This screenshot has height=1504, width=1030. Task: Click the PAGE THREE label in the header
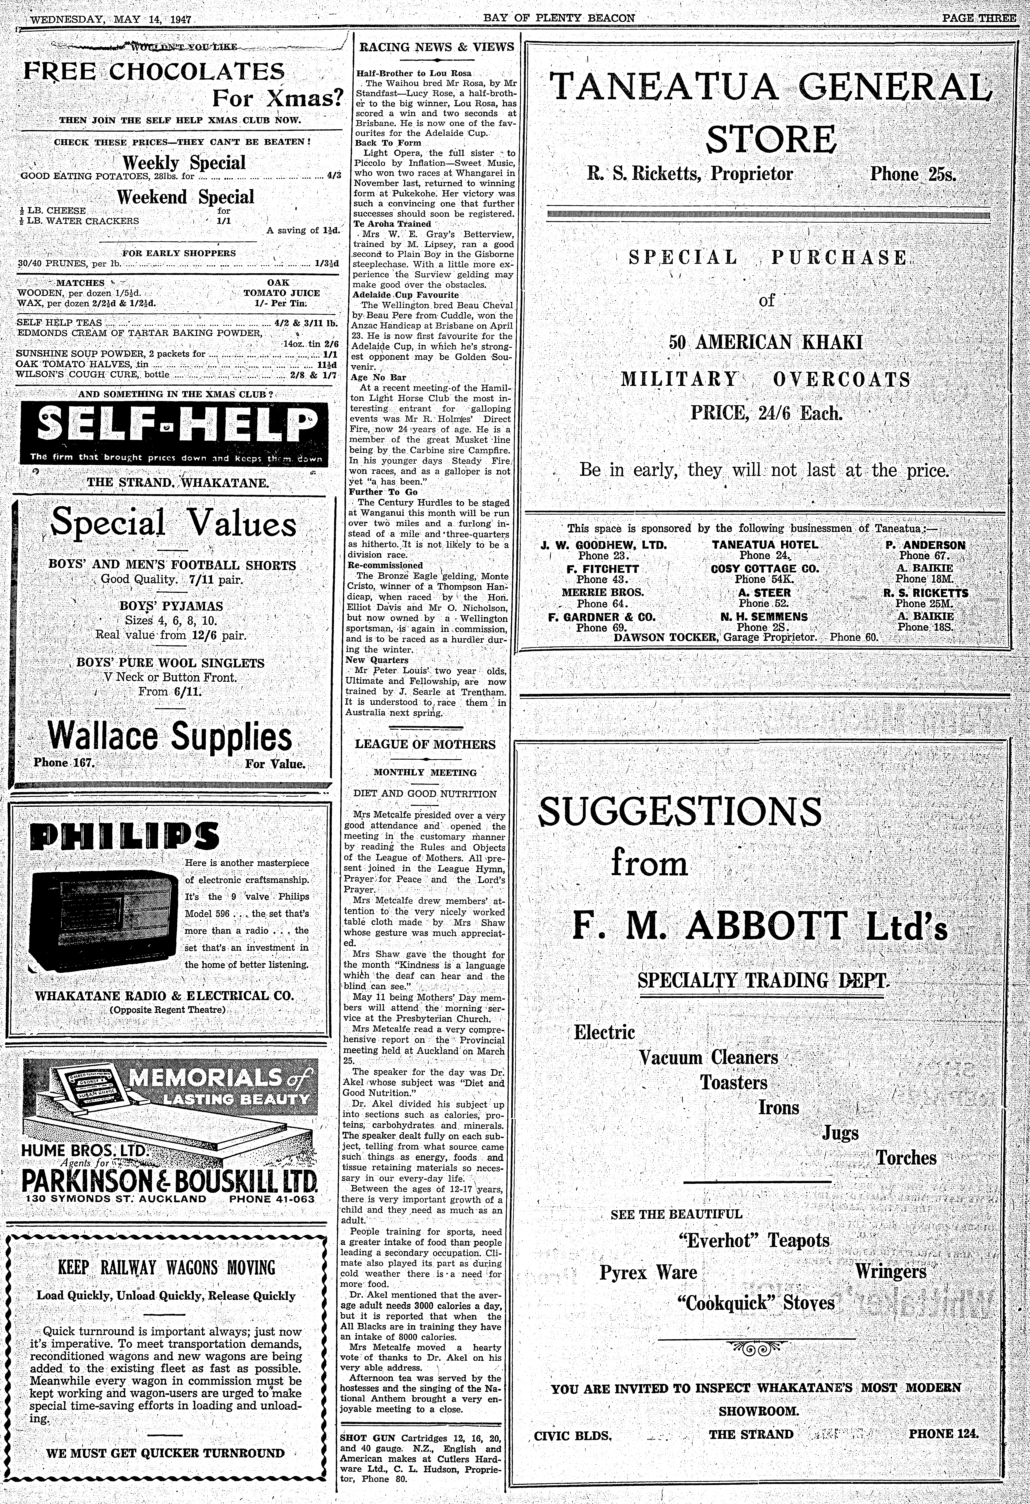point(978,18)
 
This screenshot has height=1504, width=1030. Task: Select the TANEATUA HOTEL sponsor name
point(765,545)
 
